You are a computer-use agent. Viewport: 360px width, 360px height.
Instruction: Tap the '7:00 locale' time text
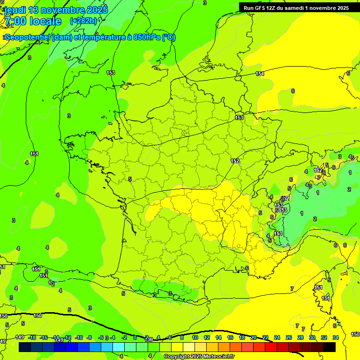(x=32, y=21)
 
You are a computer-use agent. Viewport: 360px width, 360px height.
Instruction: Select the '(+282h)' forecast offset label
(x=83, y=21)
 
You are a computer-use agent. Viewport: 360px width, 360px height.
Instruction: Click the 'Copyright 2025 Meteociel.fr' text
(x=199, y=357)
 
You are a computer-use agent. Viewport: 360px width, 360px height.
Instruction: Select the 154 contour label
(x=260, y=74)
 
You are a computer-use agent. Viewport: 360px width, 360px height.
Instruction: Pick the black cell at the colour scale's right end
(x=330, y=347)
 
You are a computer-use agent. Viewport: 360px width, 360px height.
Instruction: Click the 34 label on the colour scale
(x=336, y=337)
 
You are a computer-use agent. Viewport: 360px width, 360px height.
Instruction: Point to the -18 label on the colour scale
(x=32, y=337)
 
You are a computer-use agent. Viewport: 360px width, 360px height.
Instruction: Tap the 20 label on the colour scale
(x=254, y=337)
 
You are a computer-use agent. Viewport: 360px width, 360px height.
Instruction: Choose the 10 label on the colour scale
(x=195, y=337)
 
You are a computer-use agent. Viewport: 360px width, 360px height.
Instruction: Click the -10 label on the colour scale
(x=79, y=337)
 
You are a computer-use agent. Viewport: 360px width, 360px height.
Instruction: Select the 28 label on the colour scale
(x=300, y=337)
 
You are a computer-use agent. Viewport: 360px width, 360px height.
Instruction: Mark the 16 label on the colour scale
(x=230, y=337)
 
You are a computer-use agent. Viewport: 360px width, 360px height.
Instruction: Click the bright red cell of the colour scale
(x=271, y=347)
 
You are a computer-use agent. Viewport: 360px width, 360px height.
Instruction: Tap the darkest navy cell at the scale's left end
(x=25, y=347)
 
